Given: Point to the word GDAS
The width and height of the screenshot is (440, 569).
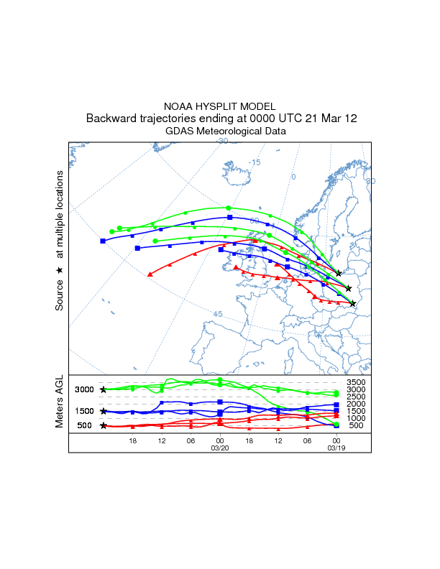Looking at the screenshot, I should click(x=180, y=131).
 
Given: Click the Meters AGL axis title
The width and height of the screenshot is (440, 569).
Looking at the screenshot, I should click(x=60, y=402).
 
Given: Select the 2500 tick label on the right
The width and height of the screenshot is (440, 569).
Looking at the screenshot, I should click(x=356, y=397).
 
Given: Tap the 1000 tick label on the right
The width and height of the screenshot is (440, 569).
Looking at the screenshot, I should click(x=356, y=418).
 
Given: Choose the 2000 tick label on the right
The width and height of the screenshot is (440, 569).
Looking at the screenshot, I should click(x=356, y=404).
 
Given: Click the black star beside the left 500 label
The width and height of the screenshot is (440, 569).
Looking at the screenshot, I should click(x=104, y=425).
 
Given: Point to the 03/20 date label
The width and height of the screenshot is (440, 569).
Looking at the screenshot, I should click(x=219, y=447).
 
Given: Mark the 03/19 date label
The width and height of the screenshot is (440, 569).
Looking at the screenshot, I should click(x=336, y=447).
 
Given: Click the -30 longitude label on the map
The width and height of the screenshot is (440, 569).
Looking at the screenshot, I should click(x=222, y=142).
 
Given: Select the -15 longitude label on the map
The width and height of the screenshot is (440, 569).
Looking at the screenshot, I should click(x=254, y=163).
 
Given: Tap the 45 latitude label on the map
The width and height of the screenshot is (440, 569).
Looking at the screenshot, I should click(x=218, y=314).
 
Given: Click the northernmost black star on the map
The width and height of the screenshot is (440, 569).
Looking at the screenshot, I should click(x=338, y=274).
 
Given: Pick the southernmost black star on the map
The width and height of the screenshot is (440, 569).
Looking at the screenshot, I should click(x=352, y=304).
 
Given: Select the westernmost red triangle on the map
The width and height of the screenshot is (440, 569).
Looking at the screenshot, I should click(x=150, y=274).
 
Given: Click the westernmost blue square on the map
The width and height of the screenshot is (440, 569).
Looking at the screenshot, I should click(x=103, y=241).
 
